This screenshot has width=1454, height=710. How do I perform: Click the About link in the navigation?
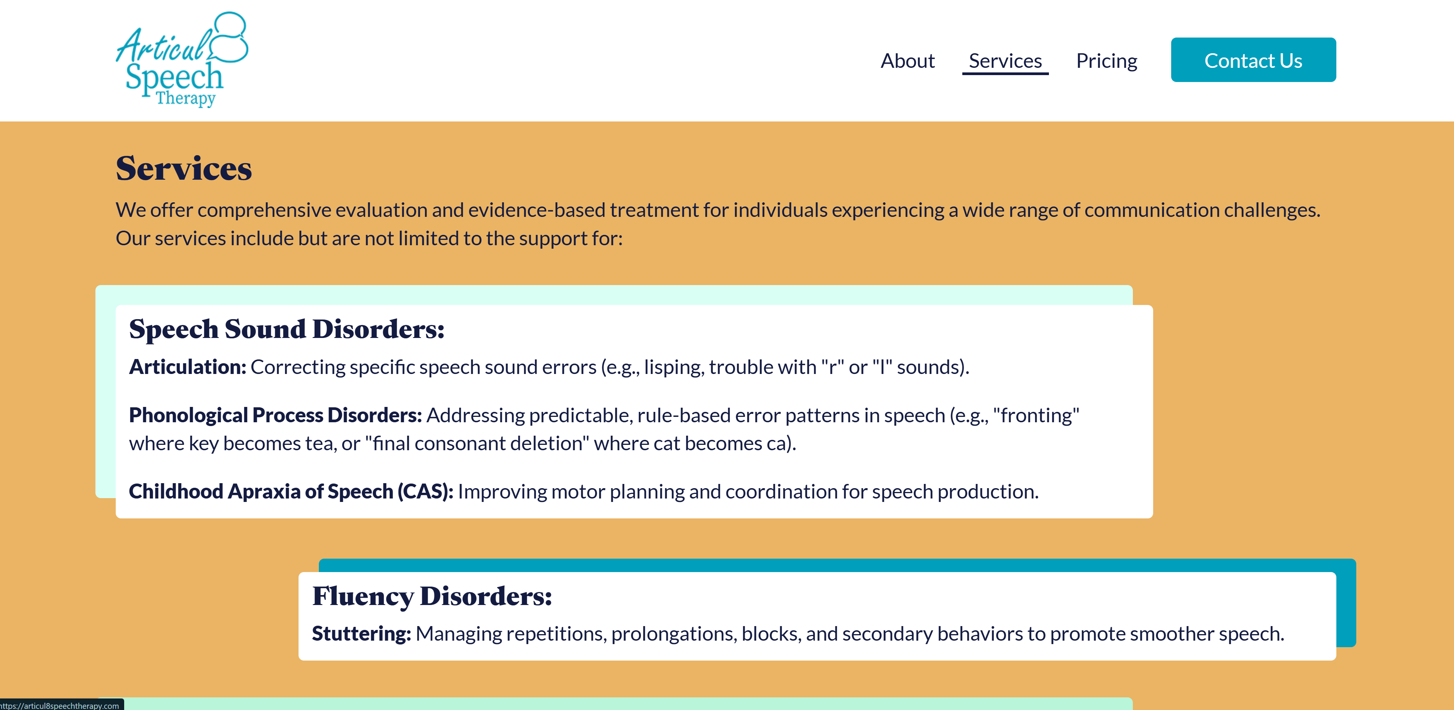coord(908,61)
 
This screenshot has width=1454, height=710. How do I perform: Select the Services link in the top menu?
coord(1005,61)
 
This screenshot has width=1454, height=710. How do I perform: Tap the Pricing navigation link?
coord(1106,61)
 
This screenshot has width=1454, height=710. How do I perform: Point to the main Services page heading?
coord(184,168)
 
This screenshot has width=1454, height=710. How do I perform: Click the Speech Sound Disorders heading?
coord(287,329)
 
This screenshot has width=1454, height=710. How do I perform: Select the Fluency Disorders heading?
coord(432,596)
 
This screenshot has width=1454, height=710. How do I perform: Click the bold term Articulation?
coord(187,367)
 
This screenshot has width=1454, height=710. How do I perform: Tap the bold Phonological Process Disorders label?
coord(276,415)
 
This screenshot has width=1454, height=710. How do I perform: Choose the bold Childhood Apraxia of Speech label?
coord(291,492)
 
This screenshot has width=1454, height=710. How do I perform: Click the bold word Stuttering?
coord(361,634)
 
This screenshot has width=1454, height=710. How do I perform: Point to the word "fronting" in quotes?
coord(1036,415)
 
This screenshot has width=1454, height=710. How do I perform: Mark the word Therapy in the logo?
coord(186,98)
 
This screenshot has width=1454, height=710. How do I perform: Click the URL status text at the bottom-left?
coord(59,705)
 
